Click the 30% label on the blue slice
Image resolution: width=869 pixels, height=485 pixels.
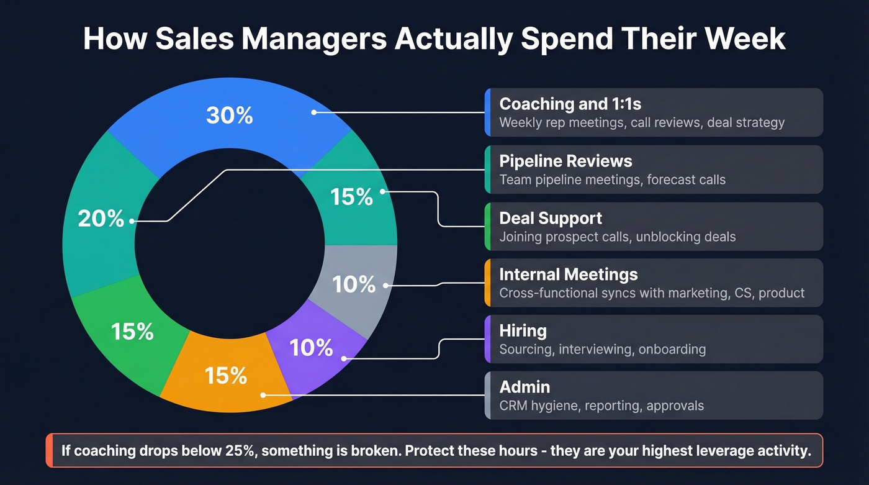point(230,116)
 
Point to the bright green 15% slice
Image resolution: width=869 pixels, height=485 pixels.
point(127,338)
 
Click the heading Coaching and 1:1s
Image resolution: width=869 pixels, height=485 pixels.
point(570,104)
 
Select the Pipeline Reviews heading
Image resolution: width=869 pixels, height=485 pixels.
point(565,161)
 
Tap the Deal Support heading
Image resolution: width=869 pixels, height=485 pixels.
point(551,218)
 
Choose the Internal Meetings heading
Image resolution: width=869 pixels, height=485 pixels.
point(569,274)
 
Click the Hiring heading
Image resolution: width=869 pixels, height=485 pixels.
point(523,330)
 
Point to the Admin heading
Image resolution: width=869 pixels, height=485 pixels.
point(525,387)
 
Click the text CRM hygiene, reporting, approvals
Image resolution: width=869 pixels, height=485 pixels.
point(601,406)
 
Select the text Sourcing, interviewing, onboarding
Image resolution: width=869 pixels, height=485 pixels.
point(602,349)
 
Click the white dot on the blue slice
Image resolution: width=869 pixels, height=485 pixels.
point(314,112)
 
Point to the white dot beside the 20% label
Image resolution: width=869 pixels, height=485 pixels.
point(132,220)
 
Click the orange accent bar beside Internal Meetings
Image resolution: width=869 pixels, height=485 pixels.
point(487,283)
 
